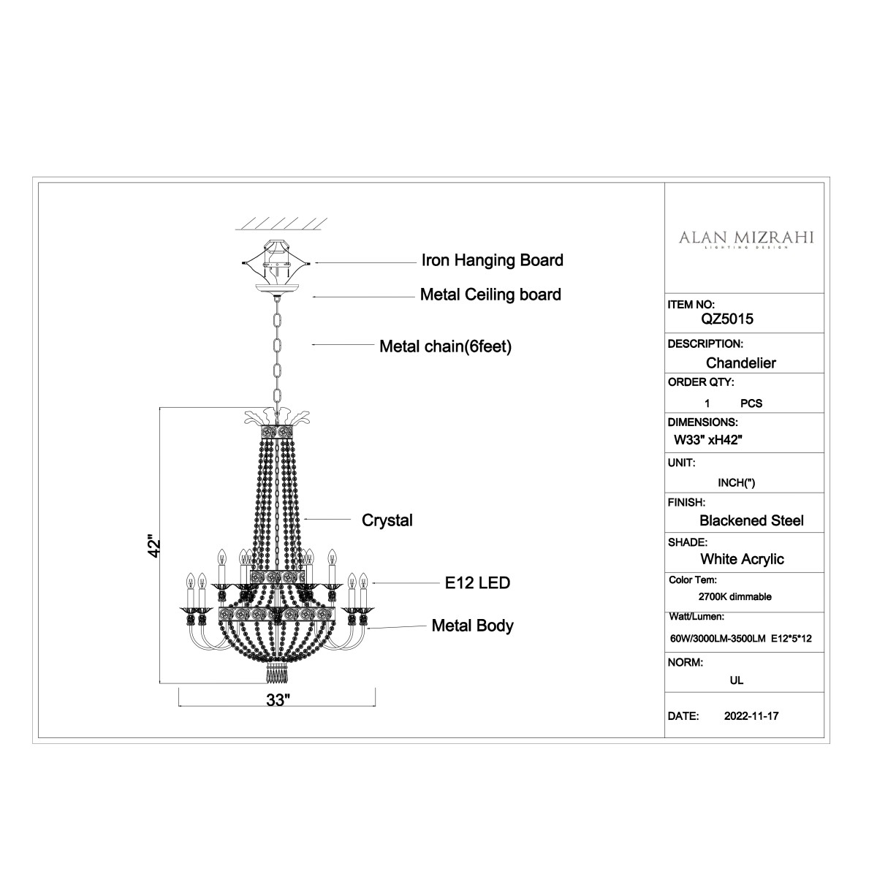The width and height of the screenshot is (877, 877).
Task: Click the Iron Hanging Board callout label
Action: point(493,260)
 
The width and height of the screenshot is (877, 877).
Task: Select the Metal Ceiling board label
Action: point(490,295)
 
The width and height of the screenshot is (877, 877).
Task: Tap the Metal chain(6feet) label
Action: point(446,346)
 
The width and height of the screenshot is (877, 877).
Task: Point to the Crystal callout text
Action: point(387,520)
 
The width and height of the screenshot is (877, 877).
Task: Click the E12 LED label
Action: point(477,582)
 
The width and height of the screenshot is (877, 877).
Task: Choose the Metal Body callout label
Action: point(472,626)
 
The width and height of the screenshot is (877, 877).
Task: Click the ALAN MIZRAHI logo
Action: point(746,239)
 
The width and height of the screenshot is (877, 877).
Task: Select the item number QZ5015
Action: point(726,319)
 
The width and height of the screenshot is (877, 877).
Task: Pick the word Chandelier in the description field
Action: point(740,362)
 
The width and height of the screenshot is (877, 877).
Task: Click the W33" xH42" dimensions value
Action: point(708,440)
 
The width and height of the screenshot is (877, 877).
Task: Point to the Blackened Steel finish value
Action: point(751,520)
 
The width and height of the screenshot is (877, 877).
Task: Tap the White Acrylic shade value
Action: point(742,559)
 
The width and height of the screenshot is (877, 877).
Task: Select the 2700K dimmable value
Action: point(735,596)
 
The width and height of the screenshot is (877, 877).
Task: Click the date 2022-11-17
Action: point(751,716)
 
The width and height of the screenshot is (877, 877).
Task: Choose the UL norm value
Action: point(737,680)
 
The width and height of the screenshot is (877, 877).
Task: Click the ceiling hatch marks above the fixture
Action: point(281,224)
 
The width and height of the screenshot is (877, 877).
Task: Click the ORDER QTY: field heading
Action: point(701,382)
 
